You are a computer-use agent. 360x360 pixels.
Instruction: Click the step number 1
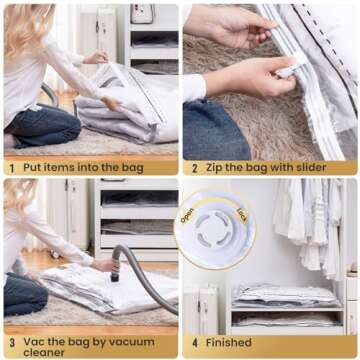point(11,167)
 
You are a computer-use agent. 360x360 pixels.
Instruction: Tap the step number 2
point(194,167)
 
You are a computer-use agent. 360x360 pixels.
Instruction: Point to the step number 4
point(194,342)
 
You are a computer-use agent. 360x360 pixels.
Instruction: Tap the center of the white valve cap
point(215,235)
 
